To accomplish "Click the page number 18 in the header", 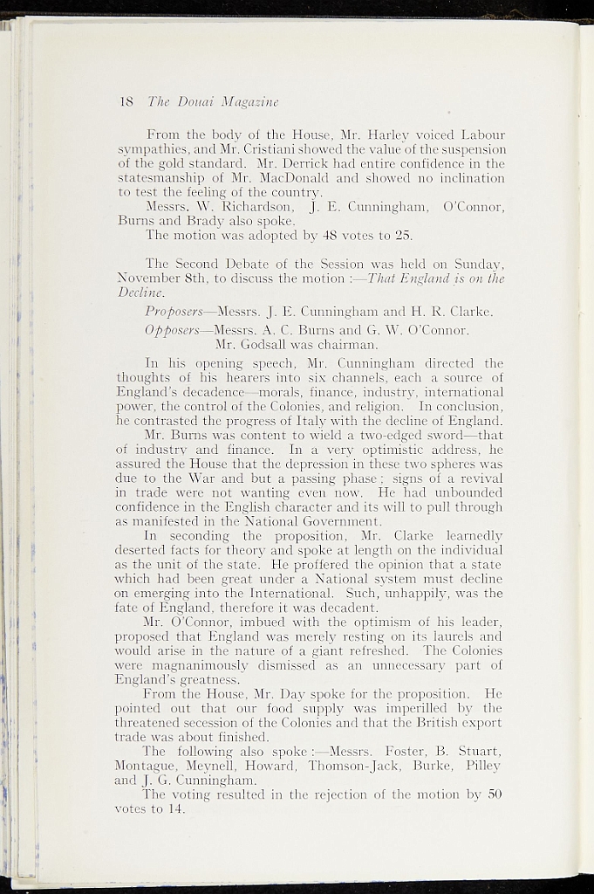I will pos(125,101).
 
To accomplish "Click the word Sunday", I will pos(479,263).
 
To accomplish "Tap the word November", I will pos(147,278).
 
